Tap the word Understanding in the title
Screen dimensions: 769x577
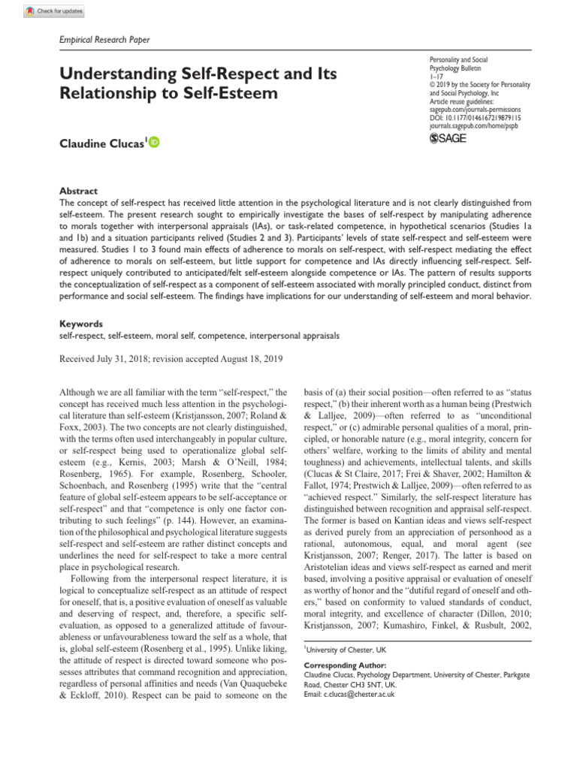[112, 74]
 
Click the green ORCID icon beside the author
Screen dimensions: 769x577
[155, 141]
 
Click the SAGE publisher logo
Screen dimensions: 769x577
[450, 138]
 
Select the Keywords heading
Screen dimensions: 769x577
[80, 324]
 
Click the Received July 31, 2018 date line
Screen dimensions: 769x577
[171, 359]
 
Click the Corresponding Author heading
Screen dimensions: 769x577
[345, 665]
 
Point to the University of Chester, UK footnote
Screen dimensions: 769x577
[346, 648]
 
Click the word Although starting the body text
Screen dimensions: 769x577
[79, 393]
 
